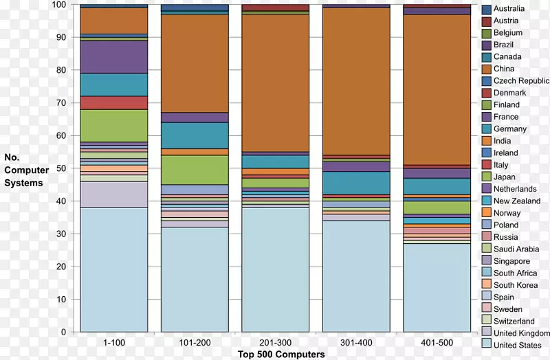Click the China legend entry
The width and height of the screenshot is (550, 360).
(503, 69)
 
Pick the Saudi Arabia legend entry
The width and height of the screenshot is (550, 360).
(516, 249)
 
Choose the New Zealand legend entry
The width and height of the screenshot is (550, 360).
(516, 201)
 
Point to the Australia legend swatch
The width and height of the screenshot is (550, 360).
(486, 9)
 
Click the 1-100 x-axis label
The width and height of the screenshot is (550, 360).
(113, 342)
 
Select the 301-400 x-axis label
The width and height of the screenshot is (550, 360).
(355, 342)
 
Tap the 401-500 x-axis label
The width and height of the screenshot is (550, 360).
(436, 342)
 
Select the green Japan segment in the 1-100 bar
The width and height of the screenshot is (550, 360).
(113, 126)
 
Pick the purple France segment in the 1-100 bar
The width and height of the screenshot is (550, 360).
(113, 57)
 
